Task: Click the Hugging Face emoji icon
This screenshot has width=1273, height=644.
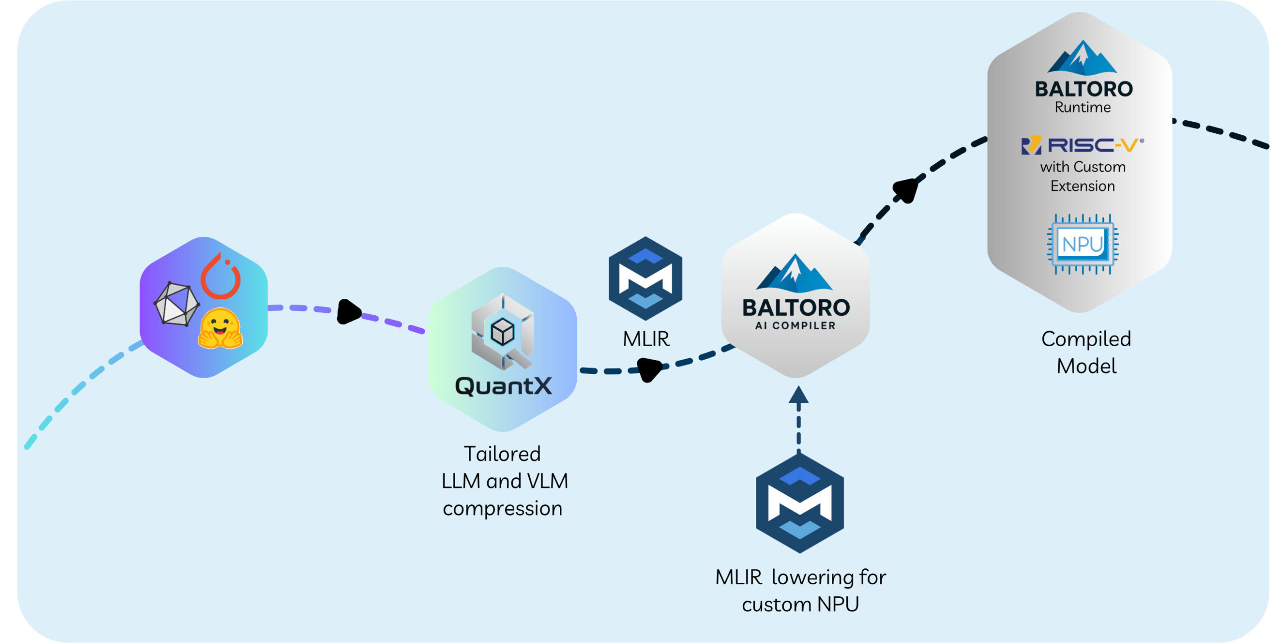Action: coord(220,329)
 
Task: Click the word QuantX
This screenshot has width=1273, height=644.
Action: coord(503,386)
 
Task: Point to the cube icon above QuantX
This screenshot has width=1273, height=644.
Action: coord(502,332)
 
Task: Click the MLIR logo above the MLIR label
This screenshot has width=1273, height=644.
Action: coord(645,278)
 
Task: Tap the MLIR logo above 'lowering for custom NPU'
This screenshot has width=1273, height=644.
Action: coord(800,503)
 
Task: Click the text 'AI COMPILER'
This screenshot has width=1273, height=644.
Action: coord(795,326)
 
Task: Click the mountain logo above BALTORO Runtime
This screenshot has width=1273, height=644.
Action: coord(1082,58)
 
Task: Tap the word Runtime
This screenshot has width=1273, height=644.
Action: coord(1083,107)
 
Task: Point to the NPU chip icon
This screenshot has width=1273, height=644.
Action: coord(1083,244)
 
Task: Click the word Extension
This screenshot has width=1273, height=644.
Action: coord(1083,186)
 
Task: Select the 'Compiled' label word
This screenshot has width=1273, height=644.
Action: coord(1086,340)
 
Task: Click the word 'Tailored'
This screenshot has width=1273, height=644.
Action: coord(502,454)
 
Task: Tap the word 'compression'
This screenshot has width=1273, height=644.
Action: coord(502,509)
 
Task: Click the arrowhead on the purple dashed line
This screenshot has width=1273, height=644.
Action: coord(348,312)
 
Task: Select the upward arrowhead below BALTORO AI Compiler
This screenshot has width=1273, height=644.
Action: coord(799,395)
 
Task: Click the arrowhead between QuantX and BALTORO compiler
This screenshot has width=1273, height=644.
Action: coord(648,369)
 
